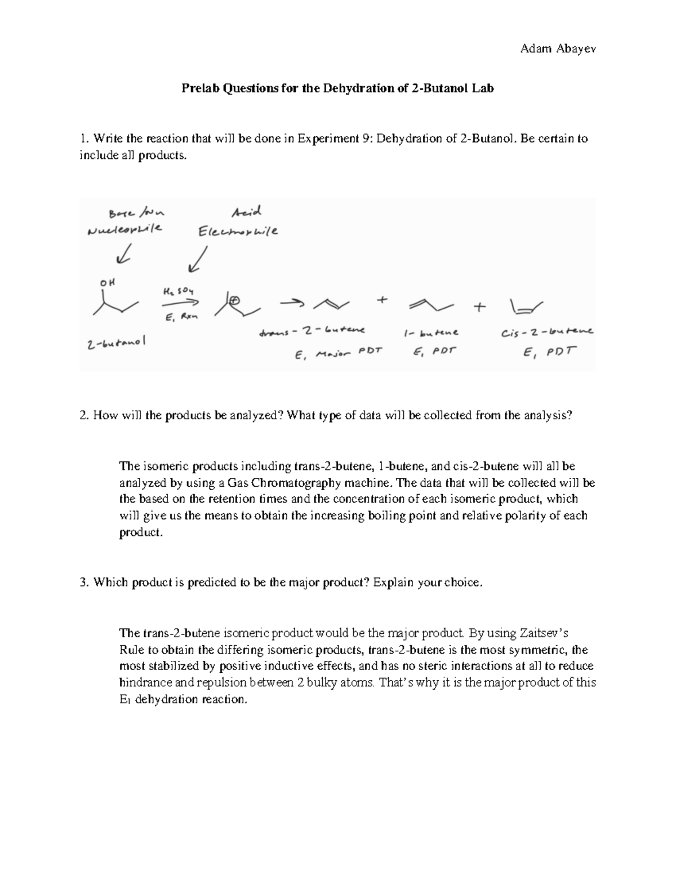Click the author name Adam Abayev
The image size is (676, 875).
pos(558,48)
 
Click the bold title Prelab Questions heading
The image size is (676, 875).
pos(337,88)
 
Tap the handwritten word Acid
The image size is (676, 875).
pos(247,212)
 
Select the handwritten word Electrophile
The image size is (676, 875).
pos(237,232)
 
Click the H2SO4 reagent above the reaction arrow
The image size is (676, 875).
pos(179,292)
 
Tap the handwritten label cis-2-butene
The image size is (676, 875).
pos(546,332)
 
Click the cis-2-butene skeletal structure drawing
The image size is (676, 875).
pos(526,308)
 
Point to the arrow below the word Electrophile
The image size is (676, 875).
pos(197,260)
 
